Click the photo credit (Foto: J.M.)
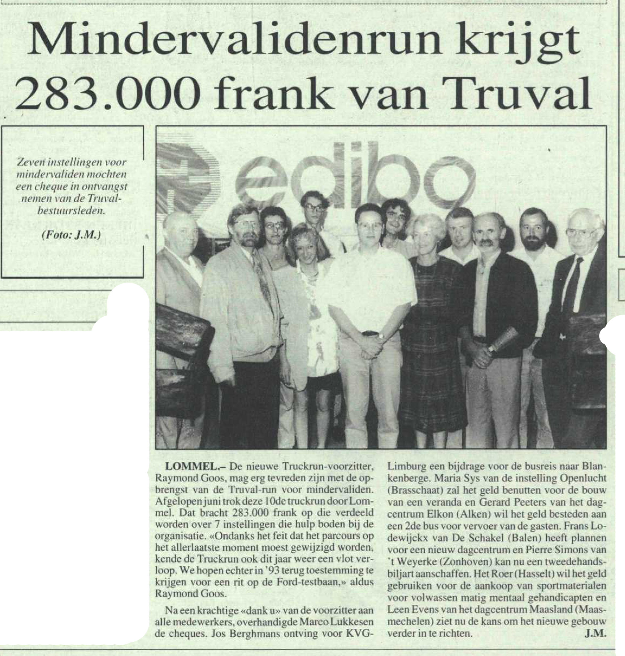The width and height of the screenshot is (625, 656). [71, 235]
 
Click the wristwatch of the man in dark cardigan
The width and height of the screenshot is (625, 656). [491, 349]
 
